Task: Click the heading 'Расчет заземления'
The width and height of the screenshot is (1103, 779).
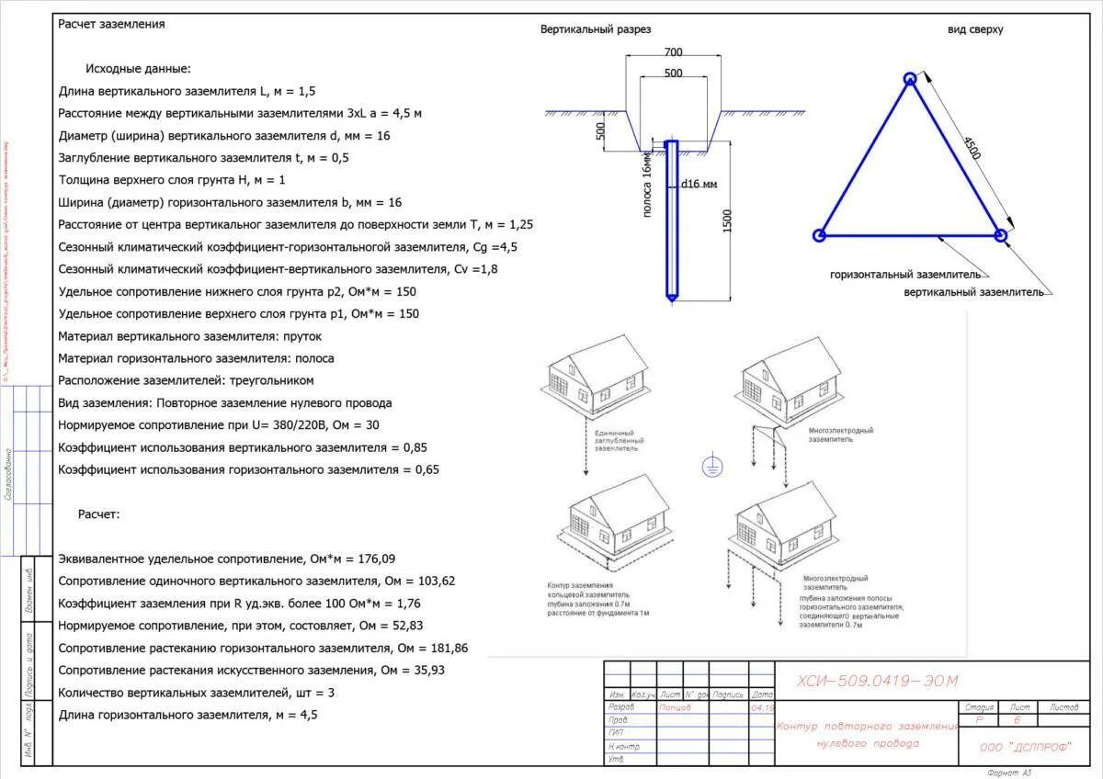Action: tap(111, 24)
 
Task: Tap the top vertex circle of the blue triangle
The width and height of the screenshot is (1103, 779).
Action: tap(909, 79)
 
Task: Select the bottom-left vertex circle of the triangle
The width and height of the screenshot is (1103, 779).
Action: tap(819, 235)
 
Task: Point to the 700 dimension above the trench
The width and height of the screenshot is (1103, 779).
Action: tap(673, 53)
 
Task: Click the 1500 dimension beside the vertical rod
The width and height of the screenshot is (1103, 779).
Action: tap(727, 220)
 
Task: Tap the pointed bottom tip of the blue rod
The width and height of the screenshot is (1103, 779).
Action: tap(672, 299)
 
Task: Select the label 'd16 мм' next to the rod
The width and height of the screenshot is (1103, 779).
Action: tap(699, 184)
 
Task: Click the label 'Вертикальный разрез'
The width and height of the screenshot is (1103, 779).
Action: tap(596, 29)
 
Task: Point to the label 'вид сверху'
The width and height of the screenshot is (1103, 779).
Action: tap(975, 29)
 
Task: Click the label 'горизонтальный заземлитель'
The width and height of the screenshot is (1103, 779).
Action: tap(905, 275)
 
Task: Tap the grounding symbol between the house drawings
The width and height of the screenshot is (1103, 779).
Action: tap(711, 468)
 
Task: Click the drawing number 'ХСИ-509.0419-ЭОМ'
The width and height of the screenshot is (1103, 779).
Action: tap(878, 681)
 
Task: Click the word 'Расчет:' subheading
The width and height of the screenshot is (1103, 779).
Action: tap(98, 514)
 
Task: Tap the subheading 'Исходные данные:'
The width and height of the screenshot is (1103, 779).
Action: tap(138, 69)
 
